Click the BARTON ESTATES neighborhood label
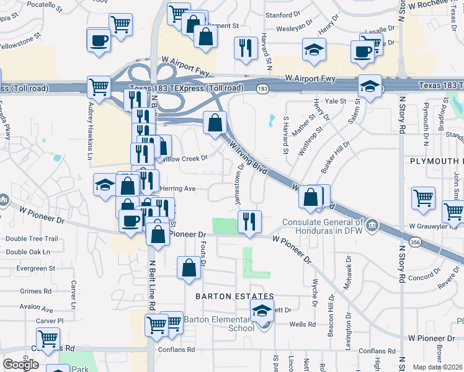[x=234, y=296]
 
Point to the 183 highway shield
[x=263, y=90]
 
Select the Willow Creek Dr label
[x=184, y=157]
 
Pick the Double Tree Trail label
[x=32, y=239]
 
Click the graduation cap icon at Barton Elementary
[x=262, y=311]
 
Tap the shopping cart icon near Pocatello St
[x=120, y=25]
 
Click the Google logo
[x=21, y=365]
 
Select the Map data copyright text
[x=439, y=367]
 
